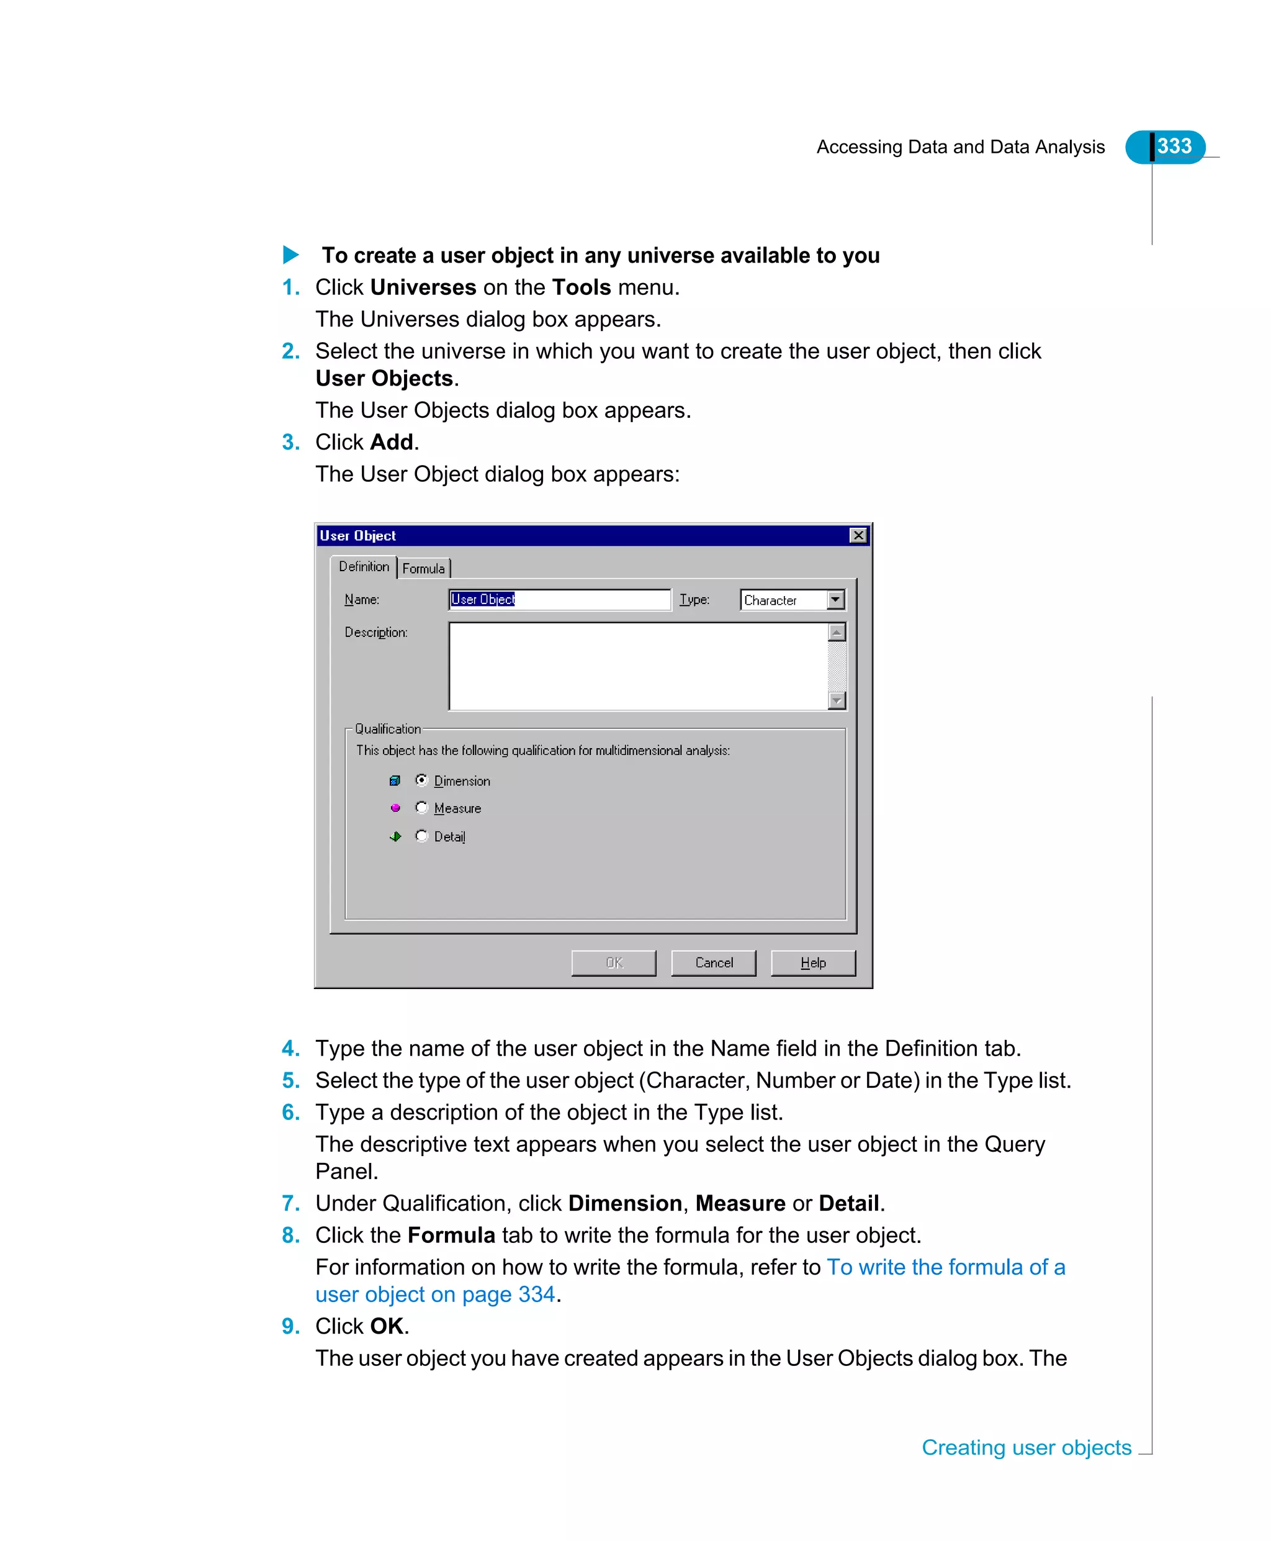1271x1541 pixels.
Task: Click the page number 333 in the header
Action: (1174, 147)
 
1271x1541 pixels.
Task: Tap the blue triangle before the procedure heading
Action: (290, 255)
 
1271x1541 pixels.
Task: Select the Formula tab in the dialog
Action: (423, 568)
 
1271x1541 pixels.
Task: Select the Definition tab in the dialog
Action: (364, 567)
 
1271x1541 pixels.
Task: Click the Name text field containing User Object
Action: (559, 599)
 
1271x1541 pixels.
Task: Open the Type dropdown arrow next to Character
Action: (835, 600)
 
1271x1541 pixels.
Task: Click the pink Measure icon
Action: (395, 808)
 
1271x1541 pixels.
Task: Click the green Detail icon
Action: (395, 836)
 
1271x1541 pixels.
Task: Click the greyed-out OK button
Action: (614, 962)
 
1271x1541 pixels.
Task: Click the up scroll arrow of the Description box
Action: (837, 632)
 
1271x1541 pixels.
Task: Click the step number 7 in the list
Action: (290, 1203)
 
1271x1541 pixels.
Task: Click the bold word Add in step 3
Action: (392, 443)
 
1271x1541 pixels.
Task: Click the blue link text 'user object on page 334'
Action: (435, 1295)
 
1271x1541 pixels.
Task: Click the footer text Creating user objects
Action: (1026, 1448)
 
